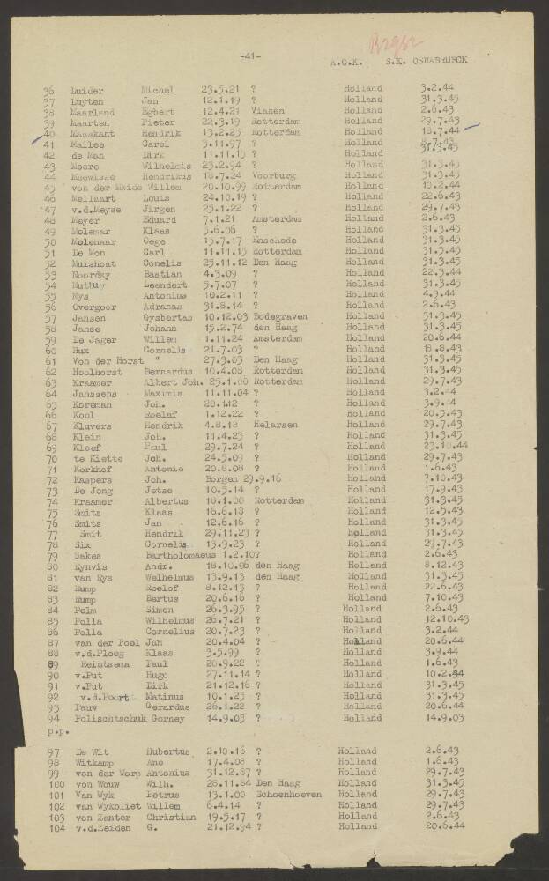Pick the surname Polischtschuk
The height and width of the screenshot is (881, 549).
pyautogui.click(x=113, y=719)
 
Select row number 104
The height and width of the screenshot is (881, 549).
pyautogui.click(x=58, y=827)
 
